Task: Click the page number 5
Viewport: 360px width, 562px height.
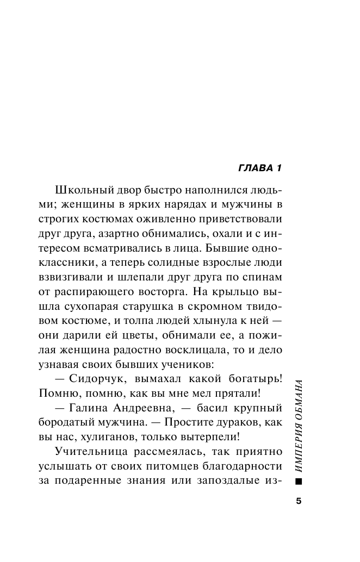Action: click(x=299, y=501)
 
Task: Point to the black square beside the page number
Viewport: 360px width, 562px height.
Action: click(x=297, y=482)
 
